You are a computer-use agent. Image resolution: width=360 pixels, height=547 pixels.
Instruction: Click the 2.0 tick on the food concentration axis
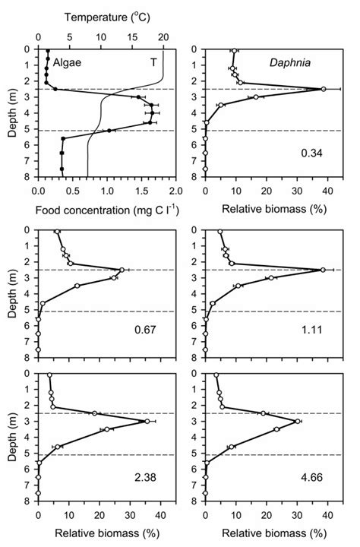tap(175, 190)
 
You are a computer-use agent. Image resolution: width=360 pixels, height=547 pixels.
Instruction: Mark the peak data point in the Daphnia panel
tap(324, 89)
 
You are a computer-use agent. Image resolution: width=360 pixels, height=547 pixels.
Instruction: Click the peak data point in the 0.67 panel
tap(122, 270)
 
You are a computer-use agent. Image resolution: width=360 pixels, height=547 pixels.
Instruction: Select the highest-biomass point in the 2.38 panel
tap(147, 421)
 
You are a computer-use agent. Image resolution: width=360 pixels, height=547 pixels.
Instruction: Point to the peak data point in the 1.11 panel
tap(323, 270)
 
